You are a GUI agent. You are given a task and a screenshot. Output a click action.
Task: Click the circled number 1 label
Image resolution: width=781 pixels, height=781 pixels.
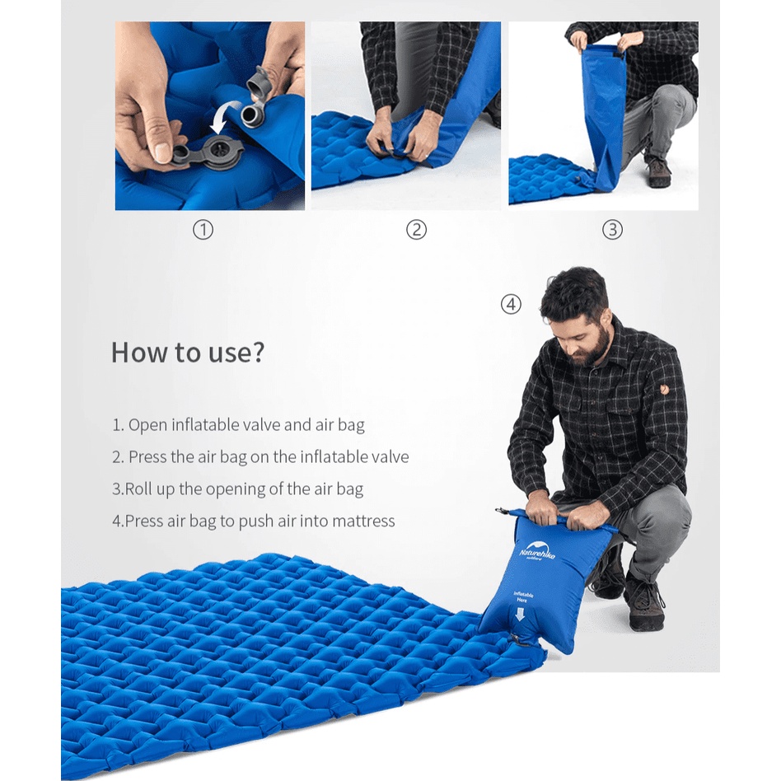[x=203, y=230]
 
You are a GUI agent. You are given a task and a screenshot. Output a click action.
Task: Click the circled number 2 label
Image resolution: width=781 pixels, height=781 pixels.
[x=416, y=230]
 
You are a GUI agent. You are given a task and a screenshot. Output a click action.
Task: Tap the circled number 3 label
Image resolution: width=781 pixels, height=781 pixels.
[x=613, y=230]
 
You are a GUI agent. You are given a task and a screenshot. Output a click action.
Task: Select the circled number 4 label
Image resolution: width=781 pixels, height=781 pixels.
[x=511, y=304]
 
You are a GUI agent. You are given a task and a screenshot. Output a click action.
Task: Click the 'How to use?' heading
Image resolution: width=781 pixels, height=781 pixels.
[x=188, y=353]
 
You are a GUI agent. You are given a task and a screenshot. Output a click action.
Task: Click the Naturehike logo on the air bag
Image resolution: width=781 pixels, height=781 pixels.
[x=537, y=550]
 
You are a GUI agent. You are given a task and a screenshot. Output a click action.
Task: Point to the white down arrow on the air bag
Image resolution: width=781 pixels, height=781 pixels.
[x=520, y=615]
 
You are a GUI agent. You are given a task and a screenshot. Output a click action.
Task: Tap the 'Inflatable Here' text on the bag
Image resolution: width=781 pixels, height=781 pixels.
[x=523, y=597]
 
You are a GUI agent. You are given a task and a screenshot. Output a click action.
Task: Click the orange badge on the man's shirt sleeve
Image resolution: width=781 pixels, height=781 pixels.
[x=665, y=389]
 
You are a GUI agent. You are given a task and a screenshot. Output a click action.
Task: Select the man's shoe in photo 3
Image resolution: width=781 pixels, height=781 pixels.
[x=658, y=172]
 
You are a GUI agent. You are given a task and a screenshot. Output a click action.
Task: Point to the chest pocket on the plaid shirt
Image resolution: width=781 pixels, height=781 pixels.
[x=621, y=429]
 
